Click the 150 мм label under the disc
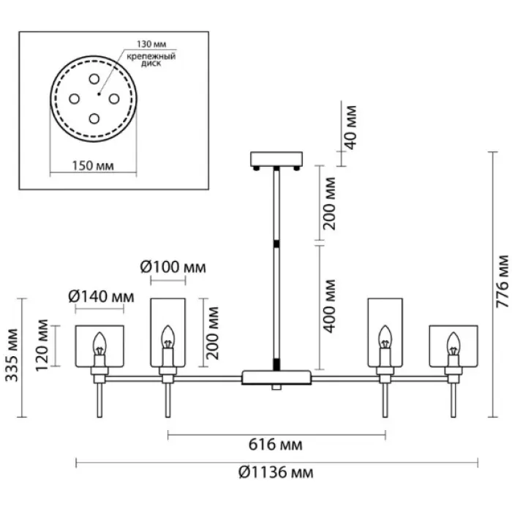(x=94, y=166)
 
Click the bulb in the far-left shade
(x=99, y=345)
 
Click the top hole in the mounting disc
(x=94, y=78)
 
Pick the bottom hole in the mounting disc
(x=94, y=117)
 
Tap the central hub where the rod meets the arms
(x=277, y=378)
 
